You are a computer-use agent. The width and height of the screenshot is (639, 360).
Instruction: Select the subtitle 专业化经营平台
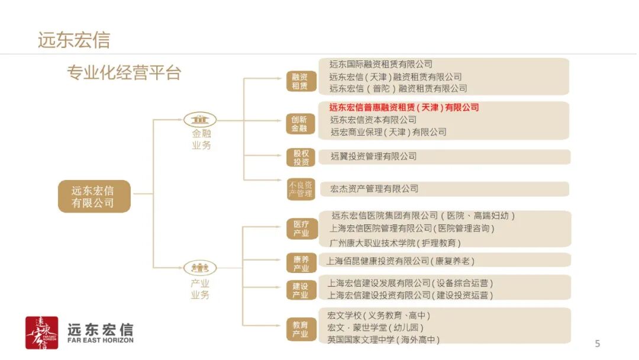124,73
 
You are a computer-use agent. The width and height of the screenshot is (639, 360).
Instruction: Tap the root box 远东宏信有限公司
93,197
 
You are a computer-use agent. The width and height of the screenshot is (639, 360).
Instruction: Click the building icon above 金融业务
200,118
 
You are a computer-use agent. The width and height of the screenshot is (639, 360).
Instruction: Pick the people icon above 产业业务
200,268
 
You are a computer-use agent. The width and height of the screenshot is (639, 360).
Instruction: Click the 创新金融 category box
299,123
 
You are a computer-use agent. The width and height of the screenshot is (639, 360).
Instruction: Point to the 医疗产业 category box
301,229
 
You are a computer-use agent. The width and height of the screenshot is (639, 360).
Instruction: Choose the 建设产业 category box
301,290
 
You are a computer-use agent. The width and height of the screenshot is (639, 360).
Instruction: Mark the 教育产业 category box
301,329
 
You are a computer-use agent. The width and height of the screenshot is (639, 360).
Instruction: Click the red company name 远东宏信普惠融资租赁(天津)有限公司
404,108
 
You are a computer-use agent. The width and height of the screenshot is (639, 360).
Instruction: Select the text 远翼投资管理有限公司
373,156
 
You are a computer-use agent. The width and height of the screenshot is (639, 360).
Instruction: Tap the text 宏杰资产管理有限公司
374,189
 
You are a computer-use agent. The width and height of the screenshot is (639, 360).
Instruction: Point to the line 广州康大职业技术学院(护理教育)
395,243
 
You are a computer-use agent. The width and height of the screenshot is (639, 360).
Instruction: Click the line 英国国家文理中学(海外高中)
383,339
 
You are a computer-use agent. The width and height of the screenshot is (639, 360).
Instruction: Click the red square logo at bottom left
41,333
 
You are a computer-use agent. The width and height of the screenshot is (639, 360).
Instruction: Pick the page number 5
597,343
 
